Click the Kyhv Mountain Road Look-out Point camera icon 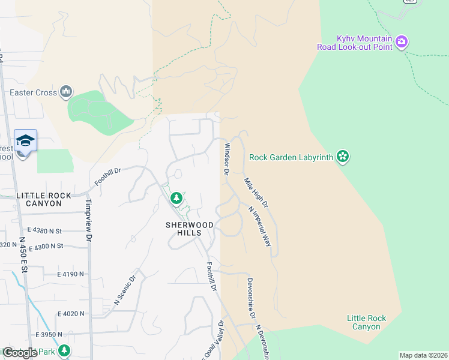click(x=402, y=42)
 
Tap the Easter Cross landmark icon click(x=66, y=92)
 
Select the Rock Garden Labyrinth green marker click(x=343, y=157)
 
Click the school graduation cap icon click(x=25, y=140)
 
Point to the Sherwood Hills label click(x=190, y=224)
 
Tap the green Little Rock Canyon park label click(x=366, y=322)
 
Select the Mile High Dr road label click(x=256, y=193)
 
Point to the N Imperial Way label click(x=260, y=226)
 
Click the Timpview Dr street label click(x=89, y=220)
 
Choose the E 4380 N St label click(x=45, y=230)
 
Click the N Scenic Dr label click(x=125, y=290)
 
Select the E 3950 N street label click(x=49, y=334)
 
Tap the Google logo click(x=20, y=353)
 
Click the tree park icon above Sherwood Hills click(x=176, y=197)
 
